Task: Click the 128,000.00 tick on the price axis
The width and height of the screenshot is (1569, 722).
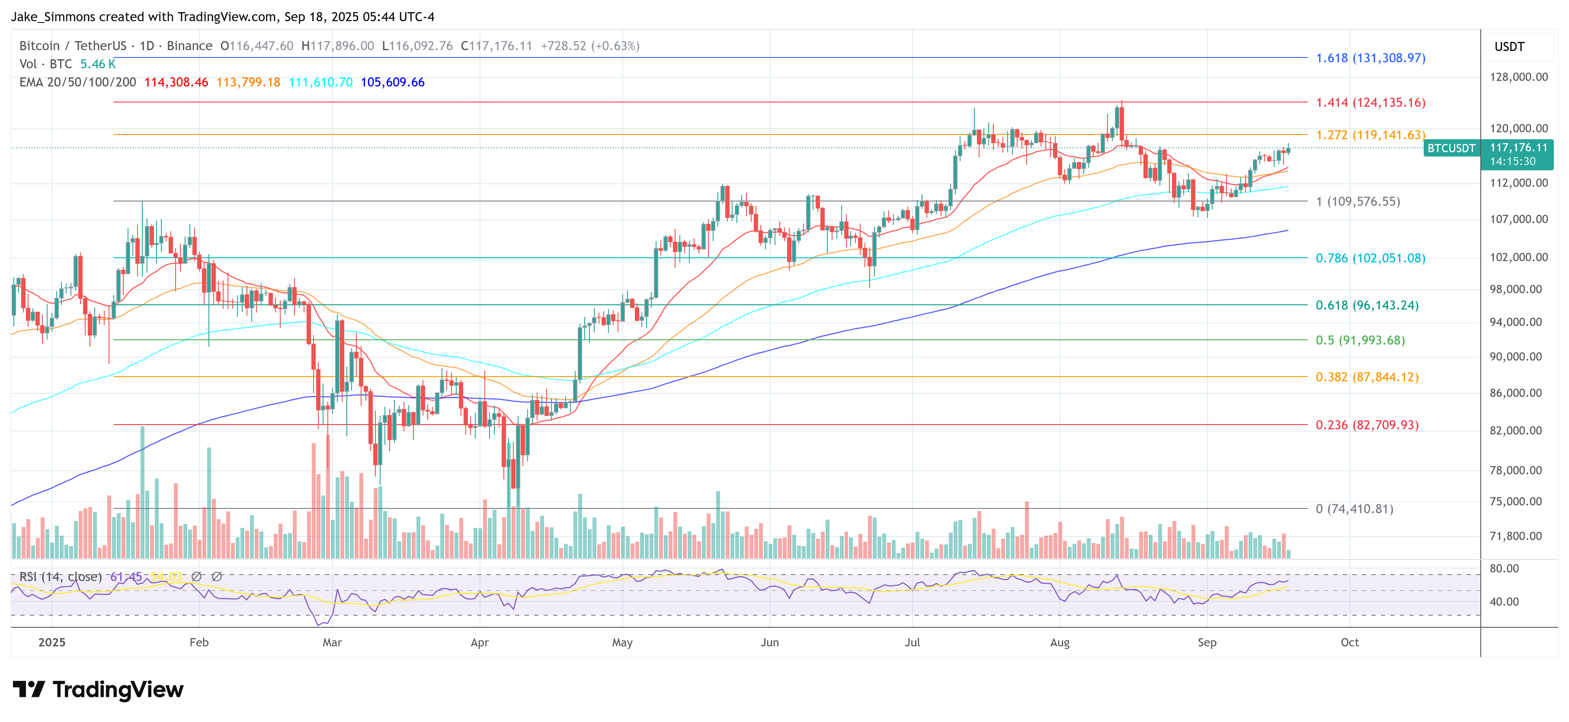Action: [x=1518, y=77]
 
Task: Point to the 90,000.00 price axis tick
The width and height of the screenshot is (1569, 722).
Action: [x=1515, y=356]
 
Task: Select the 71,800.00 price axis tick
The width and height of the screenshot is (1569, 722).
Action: [x=1515, y=536]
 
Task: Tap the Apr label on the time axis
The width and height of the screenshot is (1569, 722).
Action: [x=479, y=642]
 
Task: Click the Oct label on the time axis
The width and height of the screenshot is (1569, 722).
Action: [x=1350, y=642]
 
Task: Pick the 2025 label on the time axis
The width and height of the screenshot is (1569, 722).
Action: [x=52, y=642]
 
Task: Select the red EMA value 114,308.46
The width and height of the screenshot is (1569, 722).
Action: [x=176, y=82]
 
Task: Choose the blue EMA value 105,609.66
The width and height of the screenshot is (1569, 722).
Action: [x=392, y=82]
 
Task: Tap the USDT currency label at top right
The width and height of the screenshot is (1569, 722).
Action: [x=1509, y=47]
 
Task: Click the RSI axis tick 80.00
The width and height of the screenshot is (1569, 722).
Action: [x=1504, y=568]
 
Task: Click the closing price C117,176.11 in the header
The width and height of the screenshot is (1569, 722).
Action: [x=496, y=46]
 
